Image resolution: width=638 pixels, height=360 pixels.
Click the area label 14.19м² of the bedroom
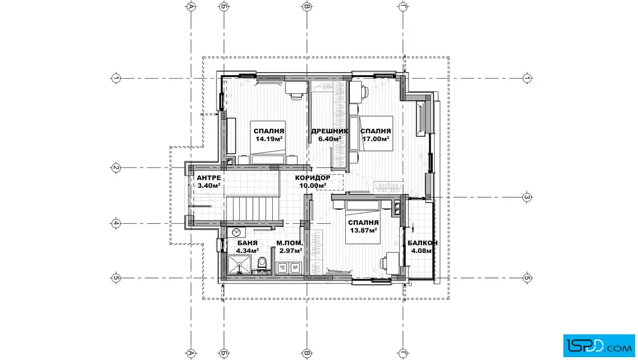pyautogui.click(x=269, y=139)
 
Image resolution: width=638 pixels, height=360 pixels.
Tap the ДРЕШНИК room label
pyautogui.click(x=330, y=131)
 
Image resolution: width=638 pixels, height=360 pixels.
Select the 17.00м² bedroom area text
pyautogui.click(x=376, y=139)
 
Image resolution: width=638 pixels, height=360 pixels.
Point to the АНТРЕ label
pyautogui.click(x=208, y=178)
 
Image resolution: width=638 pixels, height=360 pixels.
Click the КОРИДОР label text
pyautogui.click(x=313, y=178)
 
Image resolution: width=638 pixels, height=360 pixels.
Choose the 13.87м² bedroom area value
pyautogui.click(x=363, y=230)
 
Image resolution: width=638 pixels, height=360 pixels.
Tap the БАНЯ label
pyautogui.click(x=247, y=243)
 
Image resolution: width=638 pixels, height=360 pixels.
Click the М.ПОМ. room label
pyautogui.click(x=290, y=243)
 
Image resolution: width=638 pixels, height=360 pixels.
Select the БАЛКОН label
pyautogui.click(x=423, y=243)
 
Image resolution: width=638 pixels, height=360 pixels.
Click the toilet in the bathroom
pyautogui.click(x=262, y=263)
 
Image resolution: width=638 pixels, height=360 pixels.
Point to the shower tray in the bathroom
pyautogui.click(x=240, y=264)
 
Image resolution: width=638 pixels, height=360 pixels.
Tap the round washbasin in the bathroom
pyautogui.click(x=236, y=232)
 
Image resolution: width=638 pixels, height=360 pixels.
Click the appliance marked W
pyautogui.click(x=295, y=268)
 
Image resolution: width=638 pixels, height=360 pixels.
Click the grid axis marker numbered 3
pyautogui.click(x=527, y=197)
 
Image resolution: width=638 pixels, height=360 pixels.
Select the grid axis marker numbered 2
pyautogui.click(x=116, y=167)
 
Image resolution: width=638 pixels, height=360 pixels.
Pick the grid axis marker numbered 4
pyautogui.click(x=116, y=223)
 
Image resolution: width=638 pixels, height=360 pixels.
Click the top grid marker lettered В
pyautogui.click(x=307, y=6)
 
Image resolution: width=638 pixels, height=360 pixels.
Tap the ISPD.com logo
pyautogui.click(x=599, y=346)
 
